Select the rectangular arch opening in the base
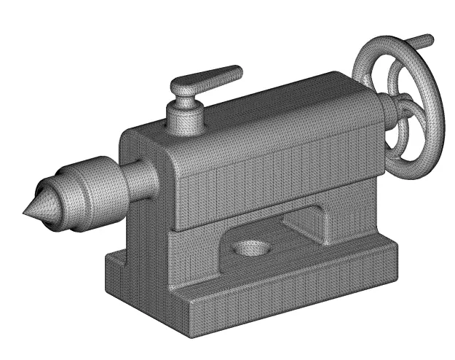coord(306,222)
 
